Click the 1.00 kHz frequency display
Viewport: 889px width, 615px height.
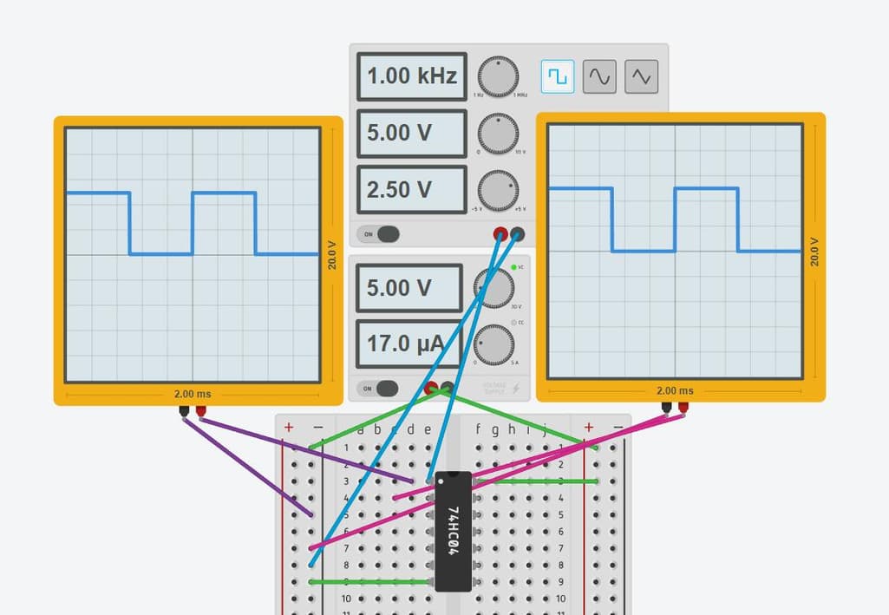(x=411, y=76)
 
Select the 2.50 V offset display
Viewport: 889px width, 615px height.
(x=411, y=189)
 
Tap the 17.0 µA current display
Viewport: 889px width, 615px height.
(x=408, y=343)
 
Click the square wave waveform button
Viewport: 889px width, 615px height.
(x=558, y=77)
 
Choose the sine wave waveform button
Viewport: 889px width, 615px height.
(x=599, y=77)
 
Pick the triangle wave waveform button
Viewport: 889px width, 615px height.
(x=641, y=77)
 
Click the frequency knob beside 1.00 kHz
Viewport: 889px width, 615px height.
(x=497, y=77)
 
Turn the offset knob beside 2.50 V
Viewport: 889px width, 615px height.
(x=497, y=188)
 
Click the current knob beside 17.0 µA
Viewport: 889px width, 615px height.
(x=494, y=344)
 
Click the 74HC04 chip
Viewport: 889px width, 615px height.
(x=453, y=531)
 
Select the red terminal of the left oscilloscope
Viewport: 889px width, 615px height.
(x=201, y=411)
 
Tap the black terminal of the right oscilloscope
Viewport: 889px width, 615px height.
(x=665, y=407)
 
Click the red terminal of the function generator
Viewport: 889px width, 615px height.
(x=500, y=233)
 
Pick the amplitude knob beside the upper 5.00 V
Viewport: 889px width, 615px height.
(x=497, y=133)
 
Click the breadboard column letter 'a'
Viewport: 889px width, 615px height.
(x=360, y=429)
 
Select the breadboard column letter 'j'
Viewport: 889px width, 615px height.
(x=545, y=429)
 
